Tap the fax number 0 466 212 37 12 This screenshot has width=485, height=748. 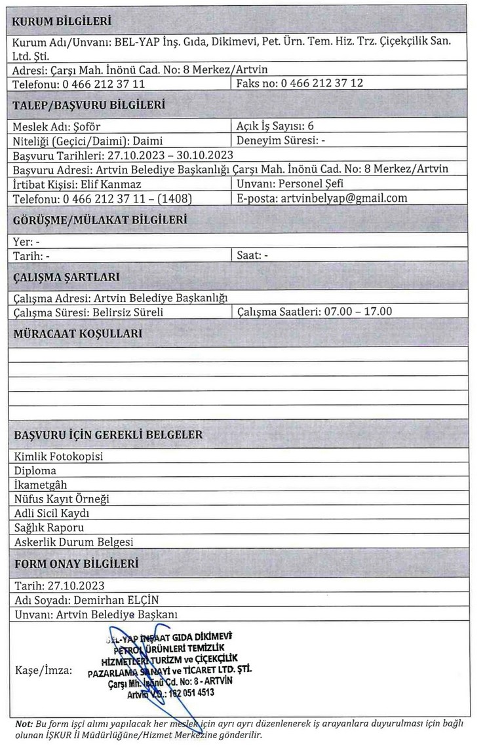coord(322,84)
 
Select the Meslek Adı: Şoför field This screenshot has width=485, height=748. coord(57,126)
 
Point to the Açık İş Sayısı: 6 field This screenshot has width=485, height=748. coord(279,126)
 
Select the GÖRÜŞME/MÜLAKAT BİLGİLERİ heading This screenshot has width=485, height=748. coord(100,220)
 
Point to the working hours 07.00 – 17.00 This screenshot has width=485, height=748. coord(359,312)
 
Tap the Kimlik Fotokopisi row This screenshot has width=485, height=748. coord(58,457)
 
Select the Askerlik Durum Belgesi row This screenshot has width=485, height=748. coord(73,542)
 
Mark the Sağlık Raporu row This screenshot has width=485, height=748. coord(48,527)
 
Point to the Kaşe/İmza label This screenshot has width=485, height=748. coord(44,671)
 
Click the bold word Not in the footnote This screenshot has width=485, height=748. coord(23,723)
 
